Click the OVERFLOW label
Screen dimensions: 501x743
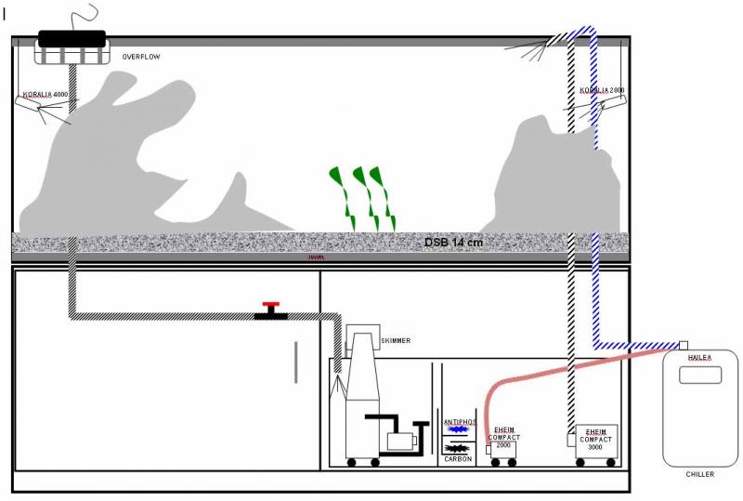pyautogui.click(x=141, y=58)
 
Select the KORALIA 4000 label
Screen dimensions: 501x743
pyautogui.click(x=46, y=95)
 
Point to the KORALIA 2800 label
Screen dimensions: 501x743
pyautogui.click(x=603, y=91)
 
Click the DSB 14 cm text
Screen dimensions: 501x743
pyautogui.click(x=453, y=243)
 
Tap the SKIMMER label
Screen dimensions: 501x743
pyautogui.click(x=396, y=341)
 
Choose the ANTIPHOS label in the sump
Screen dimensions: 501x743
pyautogui.click(x=459, y=422)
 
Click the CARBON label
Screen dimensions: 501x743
pyautogui.click(x=459, y=458)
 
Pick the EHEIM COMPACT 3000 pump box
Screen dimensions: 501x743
pyautogui.click(x=595, y=438)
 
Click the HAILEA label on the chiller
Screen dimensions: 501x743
pyautogui.click(x=699, y=356)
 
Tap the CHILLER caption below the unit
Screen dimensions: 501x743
pyautogui.click(x=699, y=474)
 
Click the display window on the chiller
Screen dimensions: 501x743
pyautogui.click(x=699, y=375)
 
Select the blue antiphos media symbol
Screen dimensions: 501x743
pyautogui.click(x=459, y=430)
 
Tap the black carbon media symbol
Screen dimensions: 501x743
pyautogui.click(x=459, y=447)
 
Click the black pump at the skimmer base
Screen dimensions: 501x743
pyautogui.click(x=399, y=437)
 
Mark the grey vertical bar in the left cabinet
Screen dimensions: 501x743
pyautogui.click(x=296, y=362)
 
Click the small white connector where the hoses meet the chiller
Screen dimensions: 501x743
pyautogui.click(x=683, y=345)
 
